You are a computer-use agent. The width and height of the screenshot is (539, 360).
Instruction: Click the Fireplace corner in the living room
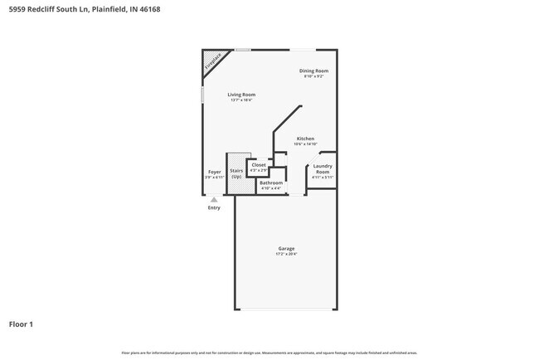211,61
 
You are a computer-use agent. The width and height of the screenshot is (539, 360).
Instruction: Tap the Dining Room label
314,71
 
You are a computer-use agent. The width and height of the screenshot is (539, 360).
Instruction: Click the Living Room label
242,95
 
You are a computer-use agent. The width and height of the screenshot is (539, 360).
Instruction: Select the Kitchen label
305,139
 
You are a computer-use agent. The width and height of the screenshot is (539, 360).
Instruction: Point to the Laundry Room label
323,168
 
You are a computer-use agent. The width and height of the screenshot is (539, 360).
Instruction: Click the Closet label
259,165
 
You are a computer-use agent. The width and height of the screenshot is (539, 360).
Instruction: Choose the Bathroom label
271,182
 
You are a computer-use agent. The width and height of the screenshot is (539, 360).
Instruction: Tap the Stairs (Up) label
236,173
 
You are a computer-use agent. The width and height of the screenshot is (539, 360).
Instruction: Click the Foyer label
215,172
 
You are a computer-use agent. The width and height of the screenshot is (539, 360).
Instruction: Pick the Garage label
286,248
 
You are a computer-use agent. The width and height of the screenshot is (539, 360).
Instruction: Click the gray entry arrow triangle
214,200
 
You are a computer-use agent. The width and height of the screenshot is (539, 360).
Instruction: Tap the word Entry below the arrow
214,207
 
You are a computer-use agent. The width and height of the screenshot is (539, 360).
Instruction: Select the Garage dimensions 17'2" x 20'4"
286,254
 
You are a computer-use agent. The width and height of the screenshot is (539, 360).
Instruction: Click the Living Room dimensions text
242,100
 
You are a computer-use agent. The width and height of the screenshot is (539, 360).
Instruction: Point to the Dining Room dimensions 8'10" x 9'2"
313,76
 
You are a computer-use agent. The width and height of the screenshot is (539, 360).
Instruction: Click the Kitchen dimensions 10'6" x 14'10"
305,144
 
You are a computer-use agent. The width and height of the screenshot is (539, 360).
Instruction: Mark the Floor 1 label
21,324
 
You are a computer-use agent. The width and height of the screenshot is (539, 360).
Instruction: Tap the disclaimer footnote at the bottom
269,353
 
